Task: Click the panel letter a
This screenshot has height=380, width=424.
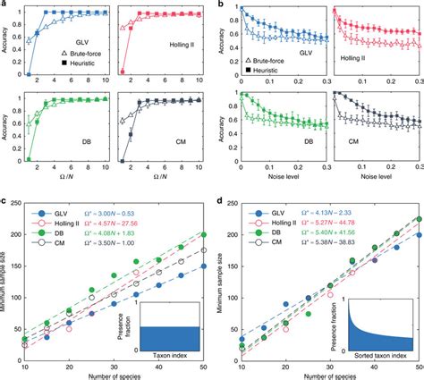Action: [4, 4]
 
